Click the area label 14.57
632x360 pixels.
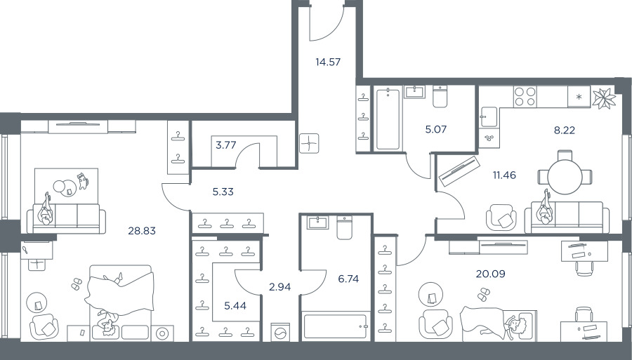[x=328, y=62]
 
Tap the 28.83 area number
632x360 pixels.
[x=142, y=231]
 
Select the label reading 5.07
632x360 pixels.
[x=435, y=129]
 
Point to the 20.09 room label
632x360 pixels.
[x=491, y=274]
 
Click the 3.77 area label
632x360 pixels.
[x=225, y=145]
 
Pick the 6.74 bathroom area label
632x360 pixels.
[x=348, y=279]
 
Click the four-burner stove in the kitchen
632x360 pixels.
[x=525, y=97]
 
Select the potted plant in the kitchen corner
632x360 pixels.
[x=604, y=98]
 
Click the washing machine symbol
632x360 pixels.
[x=280, y=332]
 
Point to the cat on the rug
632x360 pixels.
[x=83, y=181]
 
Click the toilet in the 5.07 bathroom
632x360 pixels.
[x=440, y=97]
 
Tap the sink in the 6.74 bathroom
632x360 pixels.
[x=317, y=222]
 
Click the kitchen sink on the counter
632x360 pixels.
[x=489, y=117]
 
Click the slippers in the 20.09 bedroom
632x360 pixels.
[x=482, y=294]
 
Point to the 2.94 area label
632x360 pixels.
[x=279, y=287]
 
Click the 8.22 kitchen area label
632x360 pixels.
[x=565, y=130]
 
